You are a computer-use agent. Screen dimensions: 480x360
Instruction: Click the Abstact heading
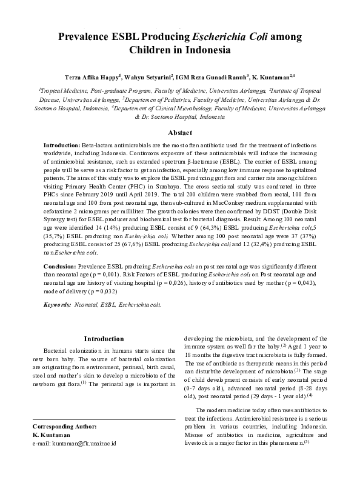click(180, 133)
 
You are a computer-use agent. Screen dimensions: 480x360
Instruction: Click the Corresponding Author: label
click(64, 427)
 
